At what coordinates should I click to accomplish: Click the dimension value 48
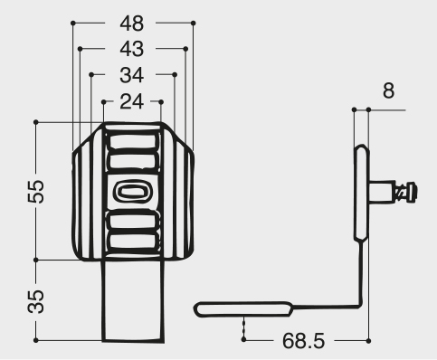click(x=132, y=24)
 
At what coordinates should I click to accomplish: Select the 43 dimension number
click(x=132, y=49)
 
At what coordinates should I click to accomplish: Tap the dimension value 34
click(x=132, y=75)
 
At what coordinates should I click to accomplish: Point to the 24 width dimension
click(x=132, y=101)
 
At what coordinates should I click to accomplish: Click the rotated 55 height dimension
click(x=36, y=191)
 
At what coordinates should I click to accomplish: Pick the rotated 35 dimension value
click(x=36, y=301)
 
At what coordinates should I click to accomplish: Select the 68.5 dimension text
click(x=303, y=341)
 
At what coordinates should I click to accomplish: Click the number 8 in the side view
click(x=388, y=90)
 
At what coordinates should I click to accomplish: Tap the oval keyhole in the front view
click(x=132, y=192)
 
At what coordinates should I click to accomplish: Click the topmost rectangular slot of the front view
click(x=134, y=141)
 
